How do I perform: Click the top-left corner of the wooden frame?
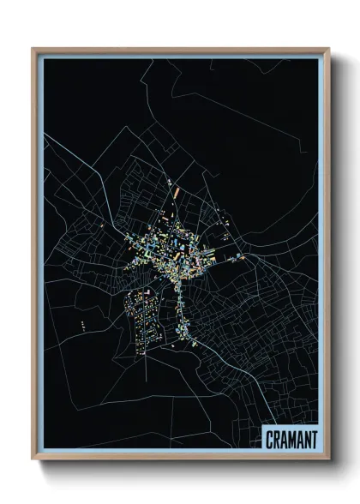[x=33, y=49]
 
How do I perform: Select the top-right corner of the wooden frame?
[x=328, y=49]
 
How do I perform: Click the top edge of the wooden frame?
[x=180, y=50]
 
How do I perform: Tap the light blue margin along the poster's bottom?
[x=171, y=451]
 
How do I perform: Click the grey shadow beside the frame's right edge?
[x=336, y=257]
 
